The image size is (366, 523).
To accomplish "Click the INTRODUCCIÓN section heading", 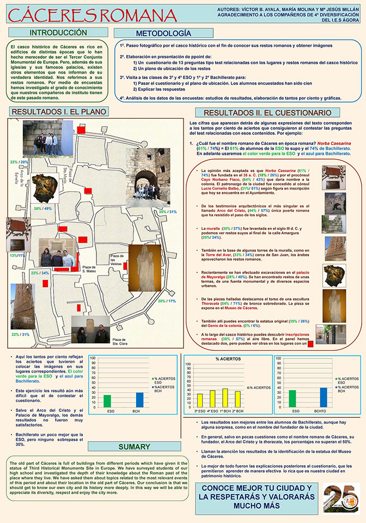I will [58, 33].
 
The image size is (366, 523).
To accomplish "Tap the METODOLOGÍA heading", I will [156, 33].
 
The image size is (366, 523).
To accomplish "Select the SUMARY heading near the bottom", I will [134, 447].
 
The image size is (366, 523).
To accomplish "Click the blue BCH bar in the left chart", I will [139, 400].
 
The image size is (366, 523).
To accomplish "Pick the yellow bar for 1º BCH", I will [225, 398].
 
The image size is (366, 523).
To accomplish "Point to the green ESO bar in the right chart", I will [292, 398].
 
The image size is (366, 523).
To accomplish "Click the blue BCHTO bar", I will [324, 397].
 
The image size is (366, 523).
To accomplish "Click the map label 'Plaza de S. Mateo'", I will [89, 269].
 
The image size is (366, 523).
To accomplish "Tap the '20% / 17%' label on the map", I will [167, 301].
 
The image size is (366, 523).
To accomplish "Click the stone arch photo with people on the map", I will [148, 177].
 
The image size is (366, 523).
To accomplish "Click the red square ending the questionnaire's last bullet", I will [310, 343].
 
